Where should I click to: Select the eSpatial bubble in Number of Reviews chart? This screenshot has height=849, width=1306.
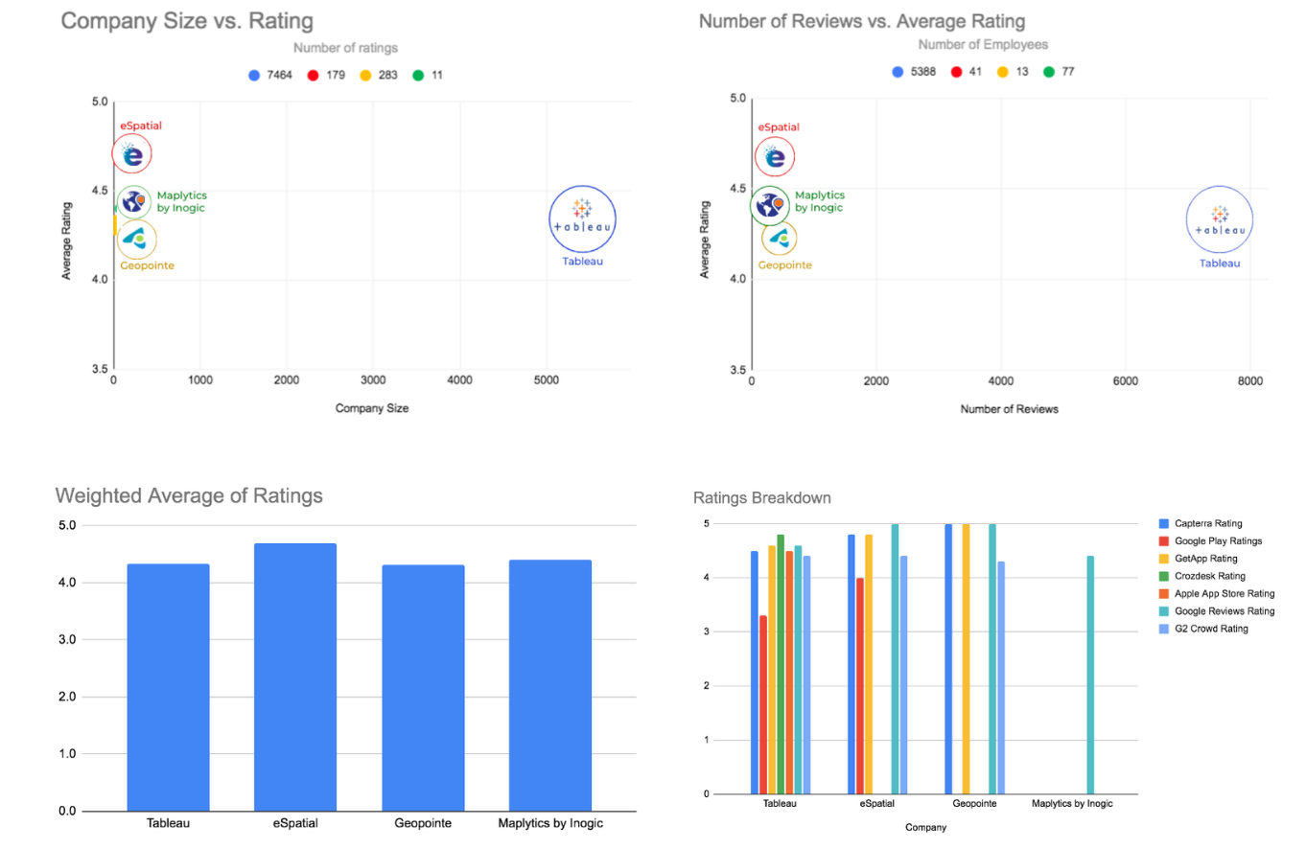[x=775, y=157]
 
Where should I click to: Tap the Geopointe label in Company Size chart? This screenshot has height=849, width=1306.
[x=147, y=265]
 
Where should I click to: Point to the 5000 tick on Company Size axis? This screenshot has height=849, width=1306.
[x=546, y=379]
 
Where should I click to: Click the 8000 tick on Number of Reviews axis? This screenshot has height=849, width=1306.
[x=1249, y=381]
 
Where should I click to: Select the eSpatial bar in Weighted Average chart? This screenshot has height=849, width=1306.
[x=295, y=677]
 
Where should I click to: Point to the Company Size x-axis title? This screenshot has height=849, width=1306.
[x=372, y=408]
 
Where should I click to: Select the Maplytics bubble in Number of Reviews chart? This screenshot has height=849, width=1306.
[x=769, y=205]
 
